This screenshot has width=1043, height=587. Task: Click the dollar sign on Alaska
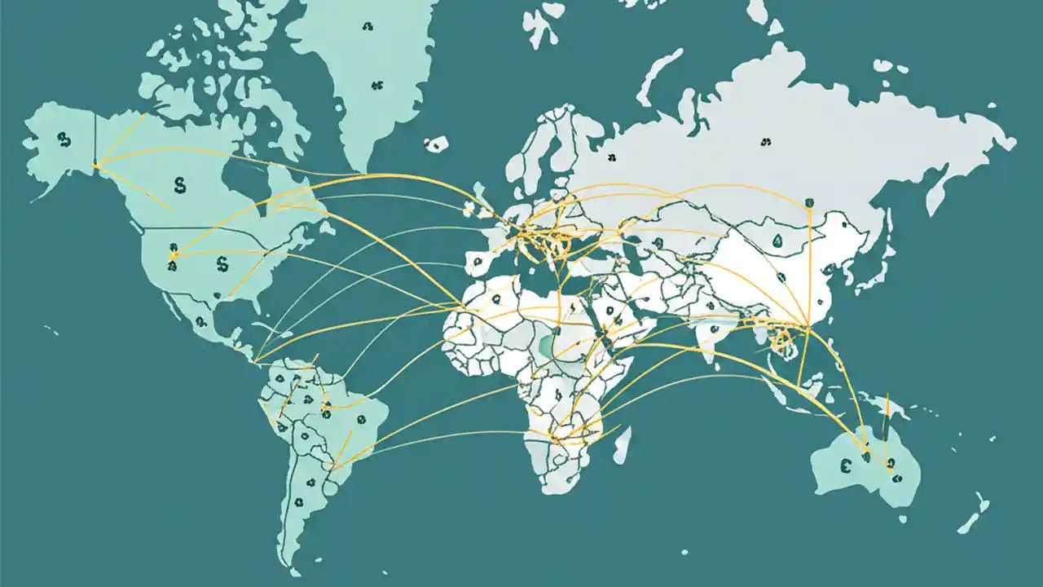pos(64,139)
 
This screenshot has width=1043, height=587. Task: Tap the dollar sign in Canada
pos(179,184)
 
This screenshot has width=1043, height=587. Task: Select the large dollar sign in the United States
pos(222,263)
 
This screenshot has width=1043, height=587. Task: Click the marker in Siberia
pos(765,143)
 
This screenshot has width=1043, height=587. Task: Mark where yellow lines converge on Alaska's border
pos(97,167)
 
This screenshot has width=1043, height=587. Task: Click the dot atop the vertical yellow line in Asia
pos(808,201)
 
